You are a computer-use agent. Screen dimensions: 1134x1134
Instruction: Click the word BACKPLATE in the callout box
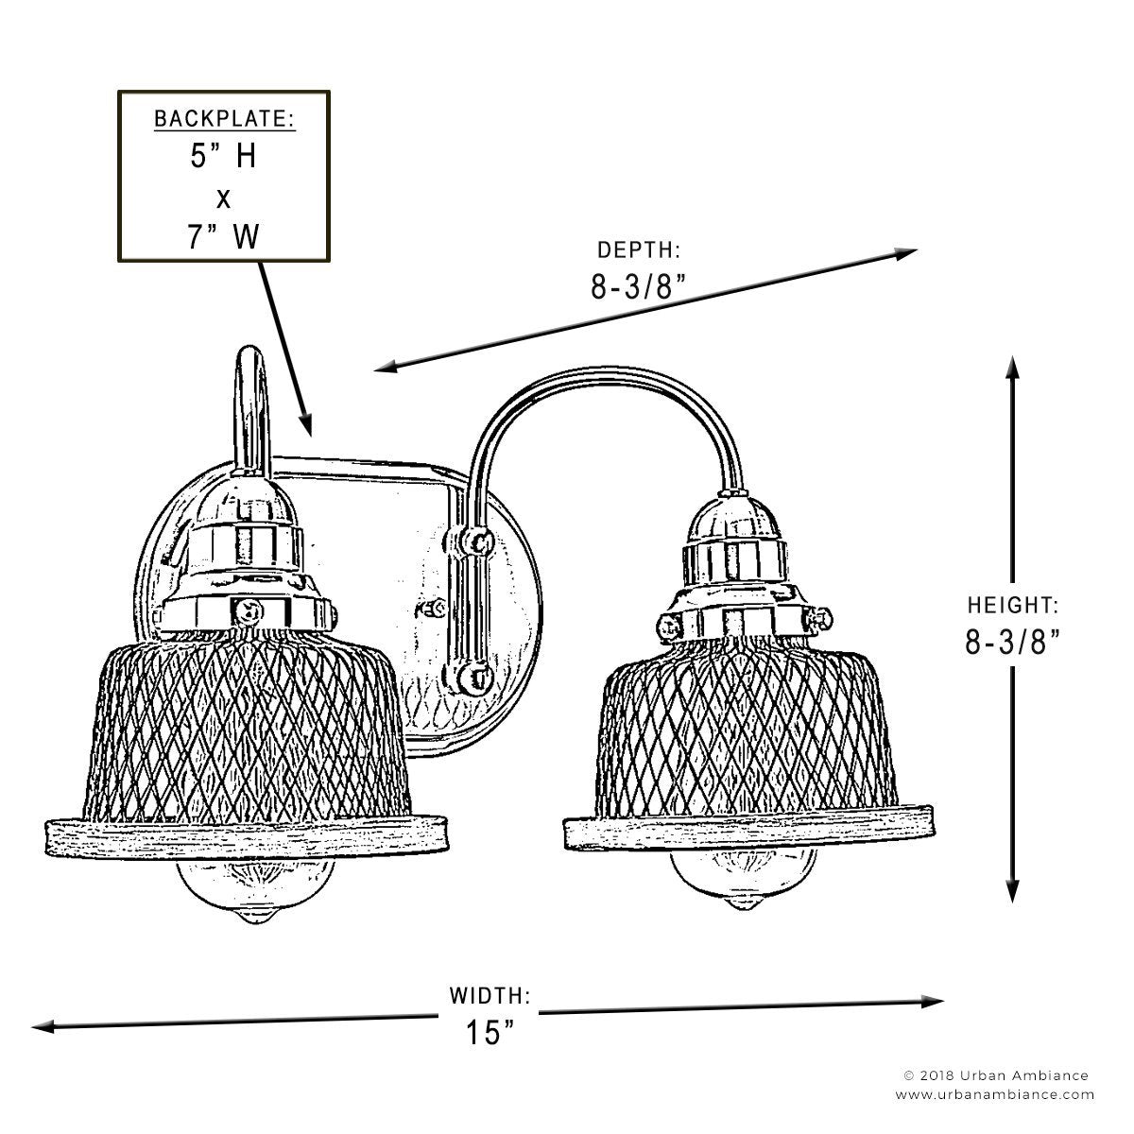[224, 119]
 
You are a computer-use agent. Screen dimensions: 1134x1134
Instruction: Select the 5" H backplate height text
[223, 157]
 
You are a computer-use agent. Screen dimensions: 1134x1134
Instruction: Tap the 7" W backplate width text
[224, 236]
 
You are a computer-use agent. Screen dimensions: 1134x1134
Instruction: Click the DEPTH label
[639, 250]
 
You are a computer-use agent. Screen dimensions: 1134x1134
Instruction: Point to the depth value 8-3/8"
[639, 287]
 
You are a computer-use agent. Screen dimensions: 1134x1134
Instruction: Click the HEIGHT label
[1013, 605]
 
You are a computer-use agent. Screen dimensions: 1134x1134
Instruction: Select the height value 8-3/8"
[1013, 642]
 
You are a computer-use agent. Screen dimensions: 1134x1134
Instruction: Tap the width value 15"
[490, 1032]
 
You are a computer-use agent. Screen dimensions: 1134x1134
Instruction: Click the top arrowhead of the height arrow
[1012, 367]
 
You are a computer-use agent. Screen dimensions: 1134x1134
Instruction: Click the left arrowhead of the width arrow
[43, 1027]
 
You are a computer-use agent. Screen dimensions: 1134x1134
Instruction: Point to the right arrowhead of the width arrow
[933, 1002]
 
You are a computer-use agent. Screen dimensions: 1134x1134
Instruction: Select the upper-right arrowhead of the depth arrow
[906, 253]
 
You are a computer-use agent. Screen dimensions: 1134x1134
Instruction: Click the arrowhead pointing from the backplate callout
[306, 424]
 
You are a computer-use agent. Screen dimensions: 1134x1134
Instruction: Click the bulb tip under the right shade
[746, 902]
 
